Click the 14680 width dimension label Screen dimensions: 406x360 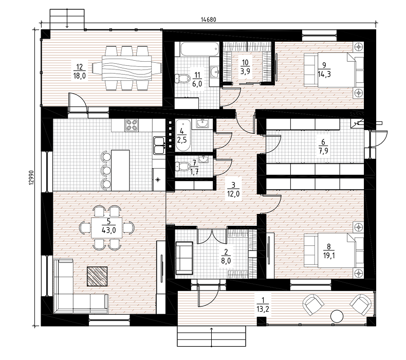pos(208,20)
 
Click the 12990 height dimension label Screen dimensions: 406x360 pos(31,177)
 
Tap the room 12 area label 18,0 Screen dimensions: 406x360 pos(80,76)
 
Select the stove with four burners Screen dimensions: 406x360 pos(132,125)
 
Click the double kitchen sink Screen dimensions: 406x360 pos(159,146)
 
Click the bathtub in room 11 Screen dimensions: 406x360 pos(199,49)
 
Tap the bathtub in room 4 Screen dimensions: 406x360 pos(183,135)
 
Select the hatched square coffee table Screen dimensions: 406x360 pos(97,276)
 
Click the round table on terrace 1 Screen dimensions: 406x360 pos(337,316)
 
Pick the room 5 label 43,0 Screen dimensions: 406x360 pos(109,230)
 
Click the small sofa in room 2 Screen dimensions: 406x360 pos(184,258)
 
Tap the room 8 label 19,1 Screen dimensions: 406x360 pos(329,256)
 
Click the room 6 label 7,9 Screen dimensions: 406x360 pos(323,151)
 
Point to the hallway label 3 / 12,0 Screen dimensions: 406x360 pos(233,189)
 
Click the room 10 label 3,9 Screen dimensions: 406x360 pos(245,71)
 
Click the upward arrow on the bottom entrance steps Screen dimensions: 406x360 pos(212,337)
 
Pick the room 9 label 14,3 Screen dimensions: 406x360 pos(324,74)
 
